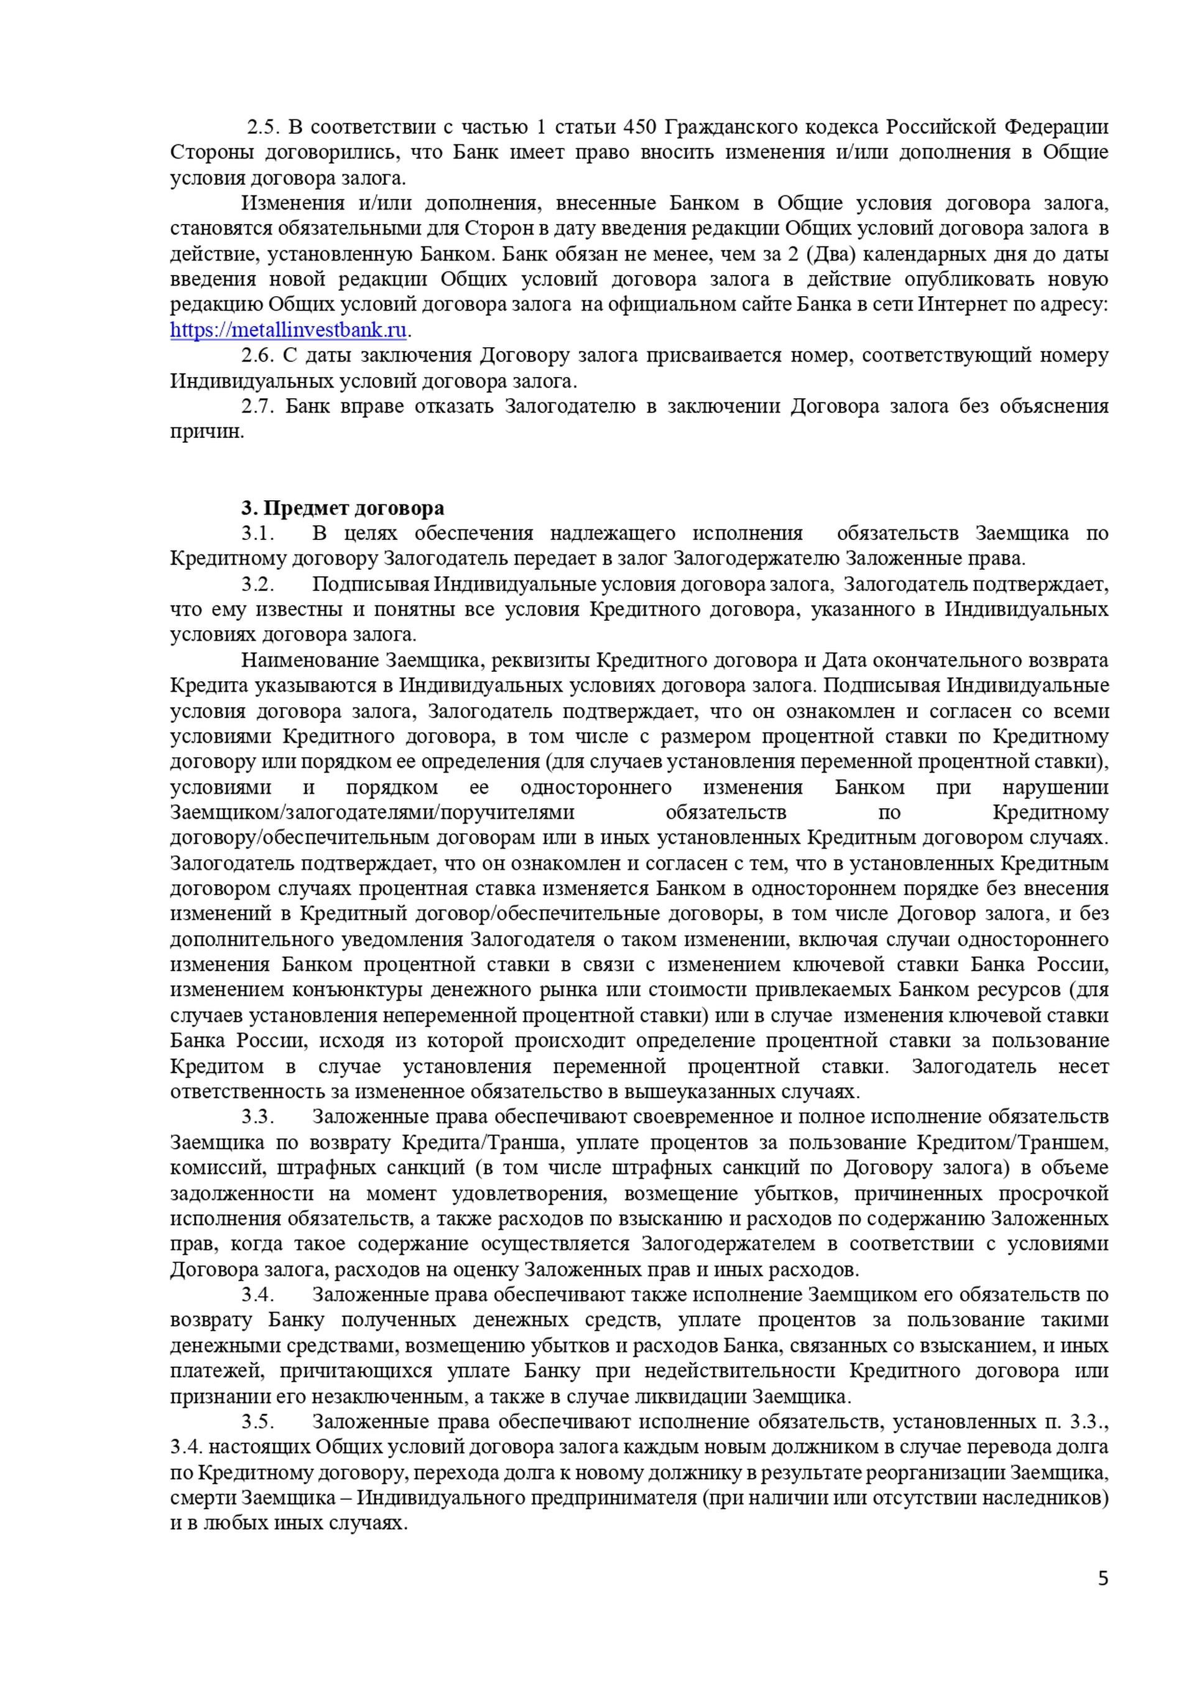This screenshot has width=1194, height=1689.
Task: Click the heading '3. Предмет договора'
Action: tap(343, 508)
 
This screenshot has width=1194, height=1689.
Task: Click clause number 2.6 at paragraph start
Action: tap(258, 355)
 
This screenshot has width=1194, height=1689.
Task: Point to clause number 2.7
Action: tap(258, 406)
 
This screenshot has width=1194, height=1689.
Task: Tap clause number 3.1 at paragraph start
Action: tap(258, 533)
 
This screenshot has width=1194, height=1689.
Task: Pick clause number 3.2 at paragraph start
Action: tap(258, 584)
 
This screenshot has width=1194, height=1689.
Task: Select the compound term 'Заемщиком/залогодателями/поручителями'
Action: tap(372, 813)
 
